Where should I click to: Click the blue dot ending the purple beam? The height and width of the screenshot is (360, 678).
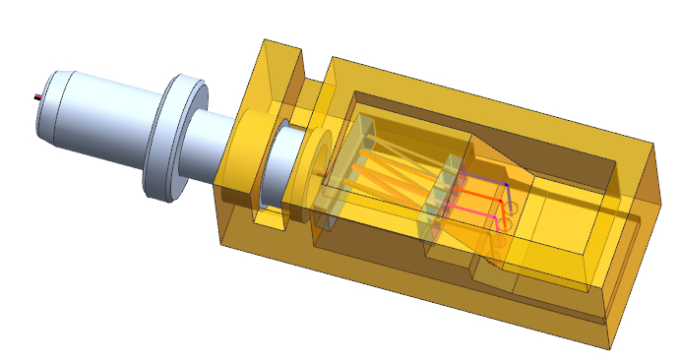pos(507,185)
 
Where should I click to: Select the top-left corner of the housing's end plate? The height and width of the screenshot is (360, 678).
pos(265,41)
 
